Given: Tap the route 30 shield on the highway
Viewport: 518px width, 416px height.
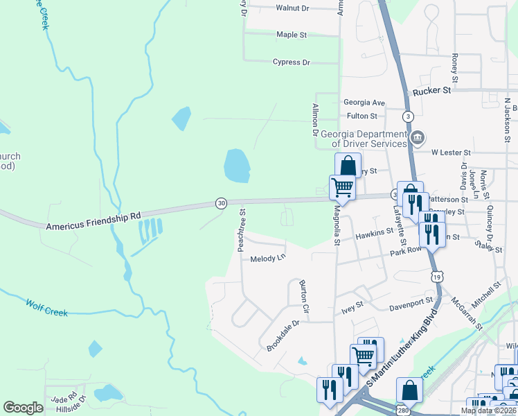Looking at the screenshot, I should pyautogui.click(x=221, y=202).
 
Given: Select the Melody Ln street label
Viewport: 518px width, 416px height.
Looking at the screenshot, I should pyautogui.click(x=267, y=258).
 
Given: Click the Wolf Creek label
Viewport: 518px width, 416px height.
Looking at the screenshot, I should pyautogui.click(x=47, y=307).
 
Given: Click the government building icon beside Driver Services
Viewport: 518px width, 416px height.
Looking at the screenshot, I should pyautogui.click(x=417, y=137).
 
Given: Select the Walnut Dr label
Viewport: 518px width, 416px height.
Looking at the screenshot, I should pyautogui.click(x=292, y=8).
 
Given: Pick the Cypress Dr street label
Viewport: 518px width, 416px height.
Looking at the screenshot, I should pyautogui.click(x=291, y=62).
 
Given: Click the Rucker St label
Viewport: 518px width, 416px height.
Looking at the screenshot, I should pyautogui.click(x=431, y=90).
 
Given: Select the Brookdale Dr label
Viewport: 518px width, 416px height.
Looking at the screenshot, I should pyautogui.click(x=283, y=333).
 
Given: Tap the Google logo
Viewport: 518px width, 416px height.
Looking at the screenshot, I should pyautogui.click(x=23, y=408).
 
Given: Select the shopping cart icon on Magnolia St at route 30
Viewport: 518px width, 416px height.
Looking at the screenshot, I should pyautogui.click(x=341, y=187).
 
